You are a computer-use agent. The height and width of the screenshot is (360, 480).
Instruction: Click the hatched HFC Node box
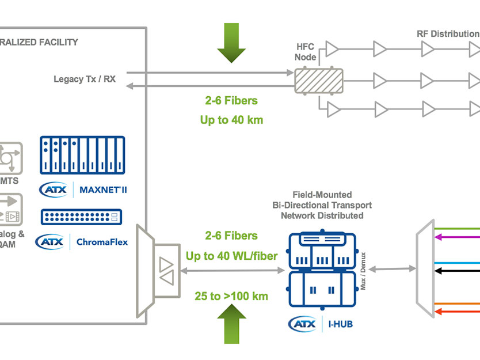pyautogui.click(x=319, y=80)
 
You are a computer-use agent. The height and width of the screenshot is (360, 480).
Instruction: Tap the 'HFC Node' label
pyautogui.click(x=305, y=52)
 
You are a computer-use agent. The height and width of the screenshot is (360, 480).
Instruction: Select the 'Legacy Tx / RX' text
pyautogui.click(x=85, y=79)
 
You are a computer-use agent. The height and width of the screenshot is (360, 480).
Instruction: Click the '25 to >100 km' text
pyautogui.click(x=231, y=297)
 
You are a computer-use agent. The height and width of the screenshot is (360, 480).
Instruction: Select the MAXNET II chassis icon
pyautogui.click(x=82, y=155)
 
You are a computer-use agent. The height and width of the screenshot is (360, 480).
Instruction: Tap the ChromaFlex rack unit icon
pyautogui.click(x=82, y=217)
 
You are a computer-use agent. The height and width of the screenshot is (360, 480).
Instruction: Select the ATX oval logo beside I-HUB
pyautogui.click(x=303, y=324)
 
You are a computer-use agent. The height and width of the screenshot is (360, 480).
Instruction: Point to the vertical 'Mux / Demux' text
pyautogui.click(x=363, y=271)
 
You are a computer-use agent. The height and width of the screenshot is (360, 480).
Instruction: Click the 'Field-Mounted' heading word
pyautogui.click(x=322, y=195)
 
